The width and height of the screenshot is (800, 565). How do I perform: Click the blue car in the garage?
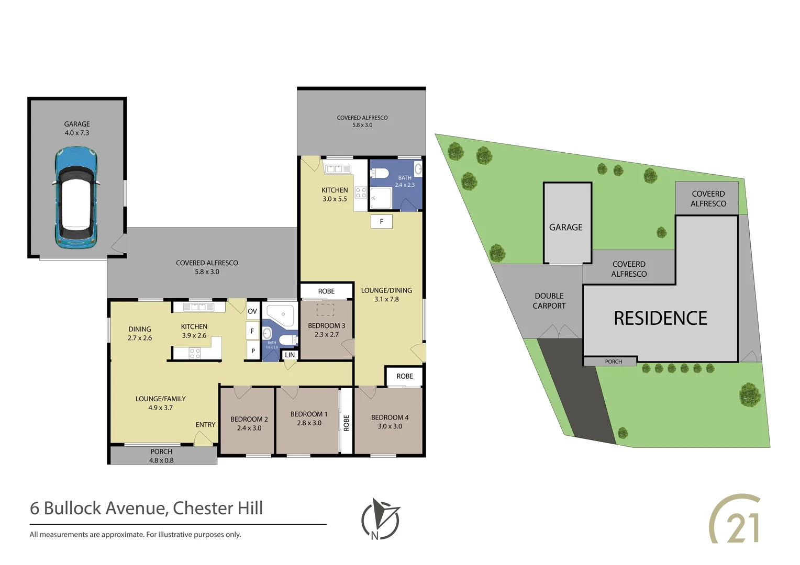point(76,197)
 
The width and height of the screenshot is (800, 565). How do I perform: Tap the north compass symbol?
point(380,519)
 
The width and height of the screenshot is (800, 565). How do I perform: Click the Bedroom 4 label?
point(390,417)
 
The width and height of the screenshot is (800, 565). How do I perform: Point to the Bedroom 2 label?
point(249,419)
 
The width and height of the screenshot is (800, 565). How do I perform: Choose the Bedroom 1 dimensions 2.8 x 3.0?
point(309,423)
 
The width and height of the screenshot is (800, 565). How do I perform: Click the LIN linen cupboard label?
point(290,355)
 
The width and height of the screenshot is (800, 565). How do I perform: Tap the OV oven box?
point(252,311)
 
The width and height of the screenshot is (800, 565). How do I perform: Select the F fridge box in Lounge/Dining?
point(382,222)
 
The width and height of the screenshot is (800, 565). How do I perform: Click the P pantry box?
point(253,351)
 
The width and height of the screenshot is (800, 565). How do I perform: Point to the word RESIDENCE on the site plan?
point(660,318)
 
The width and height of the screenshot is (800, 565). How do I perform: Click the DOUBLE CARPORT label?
point(549,301)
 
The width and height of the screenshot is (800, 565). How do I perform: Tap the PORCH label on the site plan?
point(613,361)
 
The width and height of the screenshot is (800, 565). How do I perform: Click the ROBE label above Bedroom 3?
point(326,291)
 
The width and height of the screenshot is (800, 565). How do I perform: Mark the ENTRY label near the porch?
point(205,425)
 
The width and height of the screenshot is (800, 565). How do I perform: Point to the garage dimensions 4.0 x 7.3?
point(77,133)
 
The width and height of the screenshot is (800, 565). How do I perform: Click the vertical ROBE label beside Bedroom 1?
point(346,423)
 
